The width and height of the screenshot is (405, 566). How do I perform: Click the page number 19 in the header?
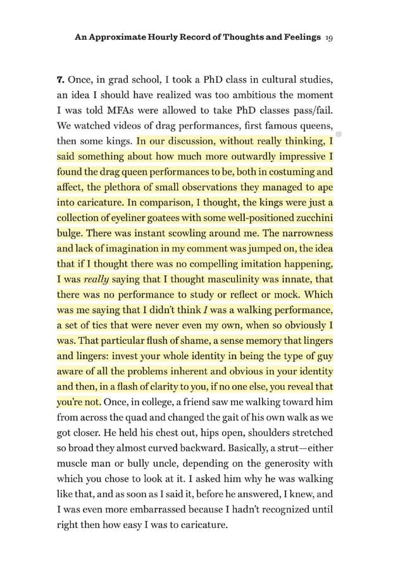[329, 37]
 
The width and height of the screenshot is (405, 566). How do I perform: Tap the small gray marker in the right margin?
[338, 135]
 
